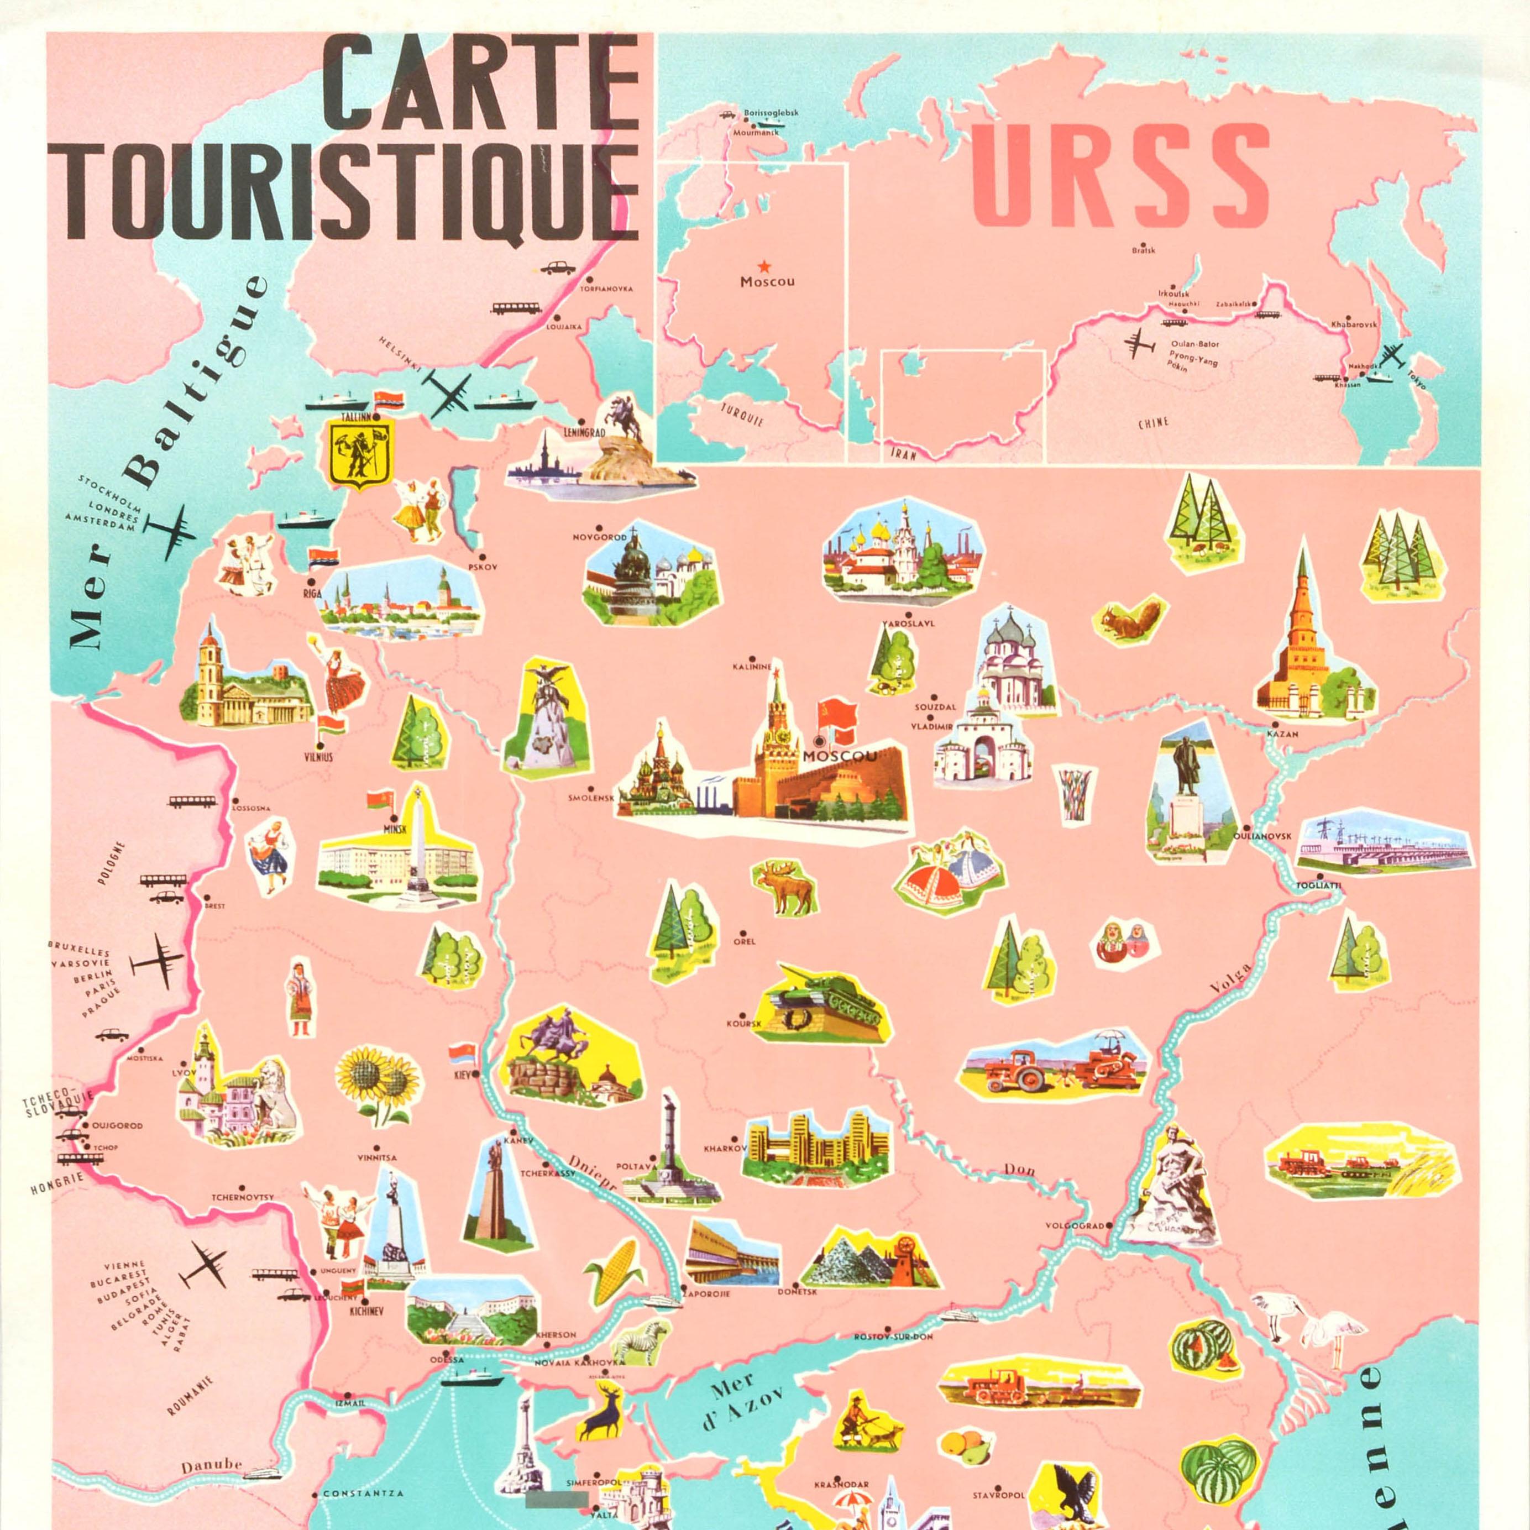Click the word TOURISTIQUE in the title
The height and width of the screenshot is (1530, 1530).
pyautogui.click(x=351, y=192)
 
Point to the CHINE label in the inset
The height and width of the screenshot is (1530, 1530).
pyautogui.click(x=1153, y=423)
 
